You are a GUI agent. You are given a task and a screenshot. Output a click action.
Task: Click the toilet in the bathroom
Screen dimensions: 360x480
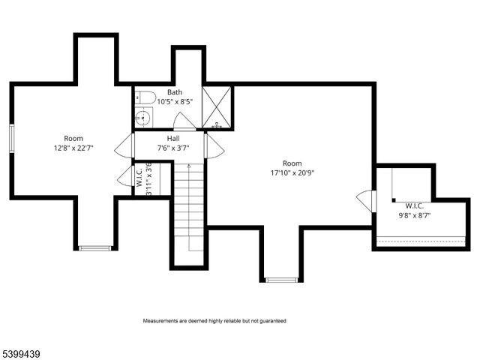146,97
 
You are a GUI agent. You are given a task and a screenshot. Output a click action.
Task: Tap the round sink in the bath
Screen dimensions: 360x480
144,118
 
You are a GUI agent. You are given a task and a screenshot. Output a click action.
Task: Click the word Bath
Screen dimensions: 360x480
175,92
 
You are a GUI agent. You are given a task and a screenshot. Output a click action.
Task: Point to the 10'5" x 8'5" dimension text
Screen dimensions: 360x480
175,102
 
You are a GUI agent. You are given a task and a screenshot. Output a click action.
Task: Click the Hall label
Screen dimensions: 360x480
173,139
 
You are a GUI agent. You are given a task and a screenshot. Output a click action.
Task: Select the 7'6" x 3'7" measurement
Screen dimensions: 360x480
173,148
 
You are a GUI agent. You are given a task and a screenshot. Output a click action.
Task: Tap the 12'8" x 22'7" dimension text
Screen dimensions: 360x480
73,148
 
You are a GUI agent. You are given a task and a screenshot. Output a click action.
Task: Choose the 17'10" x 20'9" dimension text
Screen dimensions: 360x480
292,172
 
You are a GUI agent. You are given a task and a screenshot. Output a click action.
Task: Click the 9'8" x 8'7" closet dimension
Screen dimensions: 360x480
415,215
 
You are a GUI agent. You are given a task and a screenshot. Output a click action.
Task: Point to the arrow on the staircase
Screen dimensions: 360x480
189,166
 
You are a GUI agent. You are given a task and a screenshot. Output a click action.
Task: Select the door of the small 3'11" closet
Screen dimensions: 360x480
124,178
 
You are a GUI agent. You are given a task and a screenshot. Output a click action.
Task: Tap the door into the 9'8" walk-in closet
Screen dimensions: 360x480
365,201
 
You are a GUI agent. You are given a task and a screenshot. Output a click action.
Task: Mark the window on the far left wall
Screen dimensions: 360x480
12,139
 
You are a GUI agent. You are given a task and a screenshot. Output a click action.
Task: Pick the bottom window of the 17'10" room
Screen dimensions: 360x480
282,280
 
